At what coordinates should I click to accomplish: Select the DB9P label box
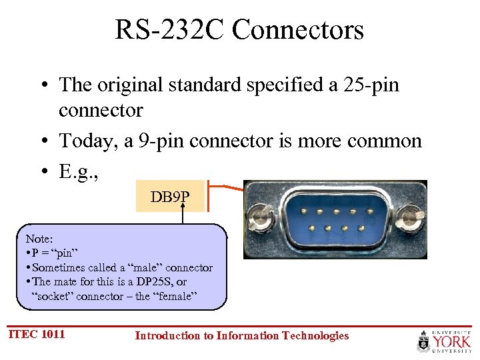click(170, 197)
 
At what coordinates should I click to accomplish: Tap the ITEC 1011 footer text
click(37, 334)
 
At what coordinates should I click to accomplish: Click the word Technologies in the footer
click(315, 335)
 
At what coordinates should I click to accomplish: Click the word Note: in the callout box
click(39, 238)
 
